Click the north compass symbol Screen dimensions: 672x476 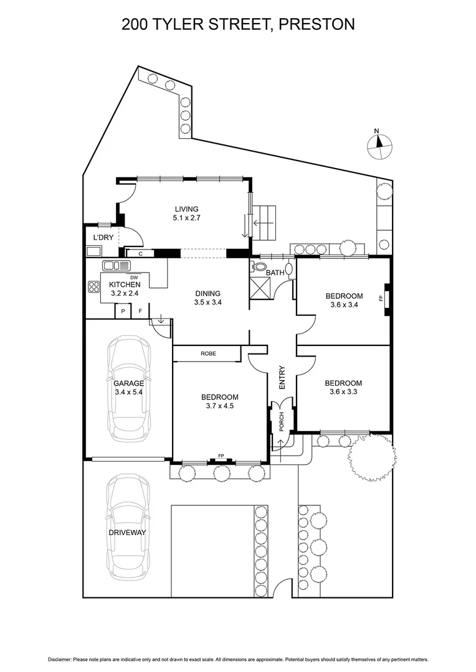tap(379, 144)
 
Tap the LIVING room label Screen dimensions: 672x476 tap(186, 209)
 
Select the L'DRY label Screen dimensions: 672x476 tap(103, 238)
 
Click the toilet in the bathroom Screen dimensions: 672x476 tap(259, 267)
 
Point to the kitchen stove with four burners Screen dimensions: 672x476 tap(95, 287)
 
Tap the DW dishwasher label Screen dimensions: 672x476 tap(133, 277)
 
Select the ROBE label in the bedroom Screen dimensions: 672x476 tap(208, 353)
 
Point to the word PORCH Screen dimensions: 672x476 tap(281, 422)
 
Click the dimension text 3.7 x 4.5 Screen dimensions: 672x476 tap(219, 406)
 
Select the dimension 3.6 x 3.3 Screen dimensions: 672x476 tap(343, 392)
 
